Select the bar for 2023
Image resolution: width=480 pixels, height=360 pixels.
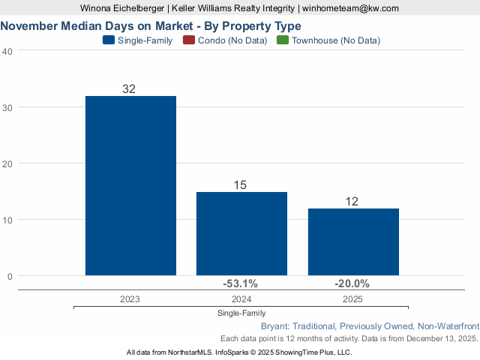tap(130, 185)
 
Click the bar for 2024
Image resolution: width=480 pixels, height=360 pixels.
tap(241, 233)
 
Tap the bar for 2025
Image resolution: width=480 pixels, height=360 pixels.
tap(353, 241)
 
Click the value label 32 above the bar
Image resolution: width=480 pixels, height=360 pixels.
tap(129, 88)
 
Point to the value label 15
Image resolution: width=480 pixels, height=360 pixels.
tap(240, 184)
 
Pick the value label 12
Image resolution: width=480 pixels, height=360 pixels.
tap(352, 201)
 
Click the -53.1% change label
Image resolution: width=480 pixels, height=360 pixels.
tap(240, 283)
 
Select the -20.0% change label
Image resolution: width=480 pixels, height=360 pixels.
tap(352, 283)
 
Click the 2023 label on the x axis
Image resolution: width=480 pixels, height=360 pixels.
tap(130, 299)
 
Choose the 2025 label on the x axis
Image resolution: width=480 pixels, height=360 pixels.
tap(352, 299)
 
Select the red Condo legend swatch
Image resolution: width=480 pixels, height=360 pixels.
tap(188, 40)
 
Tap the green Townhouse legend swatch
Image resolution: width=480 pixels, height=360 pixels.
tap(283, 40)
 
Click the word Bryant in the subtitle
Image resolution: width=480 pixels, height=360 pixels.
tap(275, 326)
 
